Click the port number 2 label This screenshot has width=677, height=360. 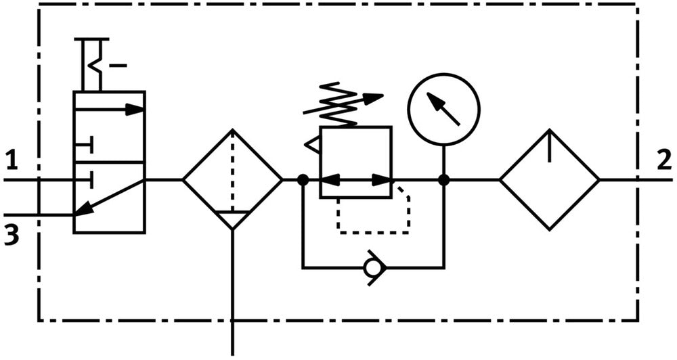coord(664,160)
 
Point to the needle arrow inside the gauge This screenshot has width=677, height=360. coord(443,109)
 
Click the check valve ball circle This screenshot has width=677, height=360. coord(372,268)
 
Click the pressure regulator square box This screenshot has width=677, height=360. coord(356,162)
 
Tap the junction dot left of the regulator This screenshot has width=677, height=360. coord(303,180)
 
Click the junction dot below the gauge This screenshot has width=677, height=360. coord(443,180)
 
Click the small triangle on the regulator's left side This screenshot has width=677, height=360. coord(313,144)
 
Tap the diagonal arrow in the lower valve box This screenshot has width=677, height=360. coord(109,197)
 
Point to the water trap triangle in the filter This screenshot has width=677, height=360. coord(232,219)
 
